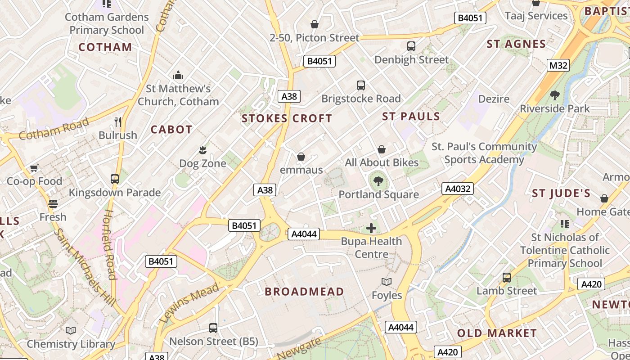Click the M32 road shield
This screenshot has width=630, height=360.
pos(558,65)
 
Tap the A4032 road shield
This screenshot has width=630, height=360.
pos(458,189)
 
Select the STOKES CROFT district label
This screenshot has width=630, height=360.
pos(287,119)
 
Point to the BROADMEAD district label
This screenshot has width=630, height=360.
pos(304,292)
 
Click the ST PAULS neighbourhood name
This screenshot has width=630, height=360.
pos(411,117)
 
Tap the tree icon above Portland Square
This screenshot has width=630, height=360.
pos(378,181)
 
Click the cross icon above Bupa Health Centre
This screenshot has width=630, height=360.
pos(371,228)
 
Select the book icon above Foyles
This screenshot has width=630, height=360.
pos(387,282)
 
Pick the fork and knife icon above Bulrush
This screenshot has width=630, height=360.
pos(118,121)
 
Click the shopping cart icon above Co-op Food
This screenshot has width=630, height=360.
pos(34,168)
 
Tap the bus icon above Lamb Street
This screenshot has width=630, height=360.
pos(507,278)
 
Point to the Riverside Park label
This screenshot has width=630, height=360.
pos(554,108)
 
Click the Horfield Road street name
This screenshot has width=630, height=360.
pos(110,244)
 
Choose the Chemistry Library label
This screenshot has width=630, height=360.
pos(71,344)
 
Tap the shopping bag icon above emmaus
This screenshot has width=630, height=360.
pos(301,157)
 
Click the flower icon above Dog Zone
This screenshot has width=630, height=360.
pos(202,149)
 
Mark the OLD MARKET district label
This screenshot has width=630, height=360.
pos(497,333)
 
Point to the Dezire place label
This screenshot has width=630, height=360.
pos(494,99)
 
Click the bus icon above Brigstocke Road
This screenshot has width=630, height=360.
pos(360,85)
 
